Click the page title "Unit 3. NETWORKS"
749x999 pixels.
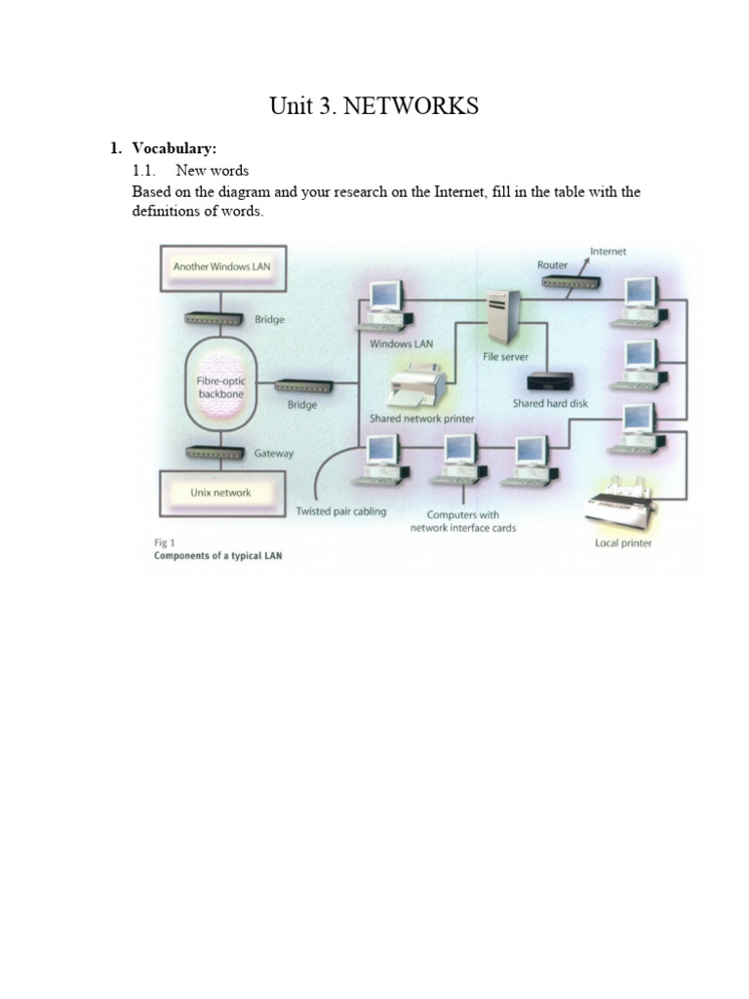[x=374, y=106]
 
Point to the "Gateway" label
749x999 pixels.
[x=273, y=454]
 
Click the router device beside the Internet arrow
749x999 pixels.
[x=572, y=283]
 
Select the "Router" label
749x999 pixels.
[x=552, y=264]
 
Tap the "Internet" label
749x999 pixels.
[x=608, y=252]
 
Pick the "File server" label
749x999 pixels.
[x=505, y=357]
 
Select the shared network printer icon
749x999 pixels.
[x=418, y=385]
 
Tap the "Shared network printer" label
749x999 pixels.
[x=421, y=419]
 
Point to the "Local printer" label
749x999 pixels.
[x=623, y=542]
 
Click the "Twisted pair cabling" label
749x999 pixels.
[x=340, y=511]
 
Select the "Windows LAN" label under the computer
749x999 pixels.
[x=401, y=343]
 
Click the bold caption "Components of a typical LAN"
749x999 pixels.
[x=218, y=556]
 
